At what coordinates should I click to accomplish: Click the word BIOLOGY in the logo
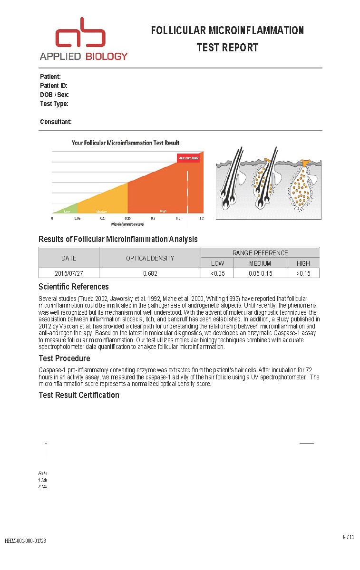107,56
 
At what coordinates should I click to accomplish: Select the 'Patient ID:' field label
54,86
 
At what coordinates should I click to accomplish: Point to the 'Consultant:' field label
56,122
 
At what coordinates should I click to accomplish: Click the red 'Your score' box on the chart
188,158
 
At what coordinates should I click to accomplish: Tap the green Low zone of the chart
67,209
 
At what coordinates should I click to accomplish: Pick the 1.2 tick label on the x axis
202,218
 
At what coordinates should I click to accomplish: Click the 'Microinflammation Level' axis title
127,223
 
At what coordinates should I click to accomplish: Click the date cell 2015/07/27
69,273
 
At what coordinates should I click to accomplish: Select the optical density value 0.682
150,273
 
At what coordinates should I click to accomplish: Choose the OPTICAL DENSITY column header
150,258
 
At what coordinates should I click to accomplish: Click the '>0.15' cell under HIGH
303,273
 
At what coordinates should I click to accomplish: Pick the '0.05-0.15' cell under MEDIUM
260,273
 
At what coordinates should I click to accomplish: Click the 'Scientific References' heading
73,287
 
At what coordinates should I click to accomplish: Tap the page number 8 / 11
348,537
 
